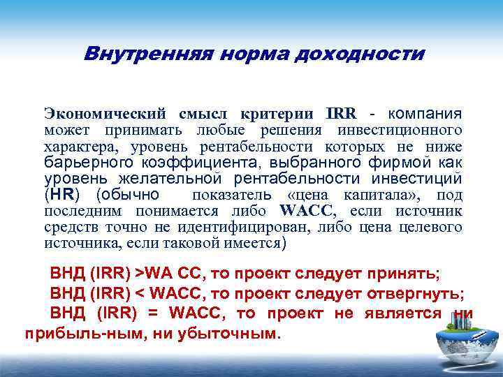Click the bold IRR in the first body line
[340, 114]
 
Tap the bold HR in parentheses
[63, 194]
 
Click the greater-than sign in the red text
[139, 272]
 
